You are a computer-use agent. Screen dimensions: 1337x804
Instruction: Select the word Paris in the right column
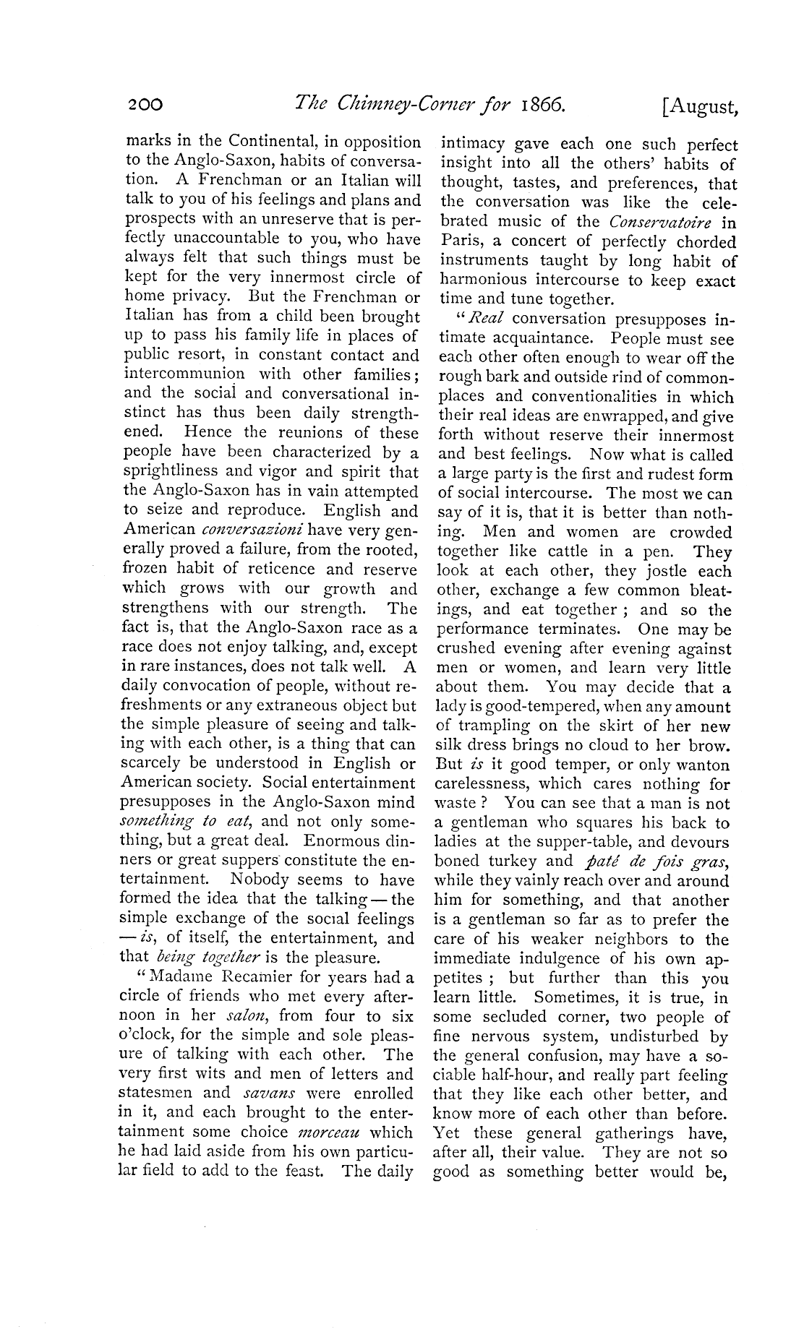[456, 241]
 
